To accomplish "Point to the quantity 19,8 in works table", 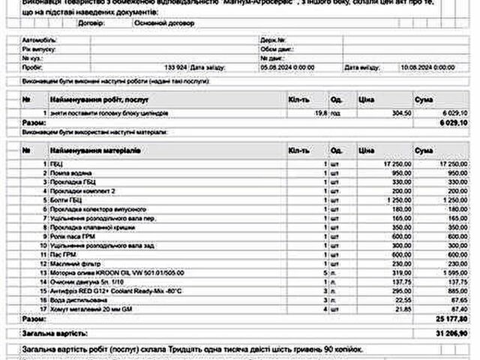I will tap(321, 112).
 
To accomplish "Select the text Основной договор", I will tap(163, 24).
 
